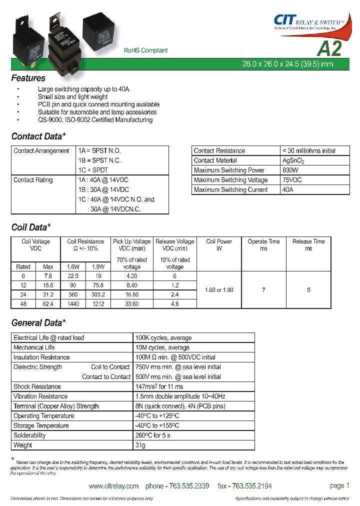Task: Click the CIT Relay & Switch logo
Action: pyautogui.click(x=308, y=21)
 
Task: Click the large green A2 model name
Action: pyautogui.click(x=329, y=48)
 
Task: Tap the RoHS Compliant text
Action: pyautogui.click(x=145, y=50)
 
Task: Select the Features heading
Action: pyautogui.click(x=28, y=78)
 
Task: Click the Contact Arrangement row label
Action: pyautogui.click(x=41, y=151)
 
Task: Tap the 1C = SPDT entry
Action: pyautogui.click(x=93, y=170)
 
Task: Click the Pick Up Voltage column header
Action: pyautogui.click(x=131, y=244)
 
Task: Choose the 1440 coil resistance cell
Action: pyautogui.click(x=73, y=304)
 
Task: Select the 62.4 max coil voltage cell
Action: pyautogui.click(x=48, y=304)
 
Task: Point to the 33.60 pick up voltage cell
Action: pyautogui.click(x=131, y=304)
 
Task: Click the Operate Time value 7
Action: pyautogui.click(x=263, y=290)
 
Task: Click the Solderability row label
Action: pyautogui.click(x=29, y=435)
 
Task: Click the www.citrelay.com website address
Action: pyautogui.click(x=113, y=486)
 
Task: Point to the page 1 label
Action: pyautogui.click(x=339, y=485)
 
